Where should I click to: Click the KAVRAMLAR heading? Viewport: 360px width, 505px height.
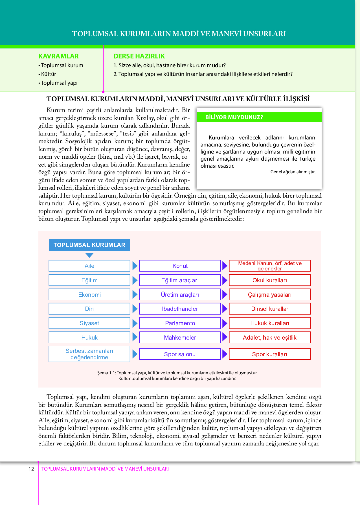[x=58, y=56]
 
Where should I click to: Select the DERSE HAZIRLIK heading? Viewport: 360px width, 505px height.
[x=139, y=56]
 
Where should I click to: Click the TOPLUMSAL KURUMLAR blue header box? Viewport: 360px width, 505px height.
[x=89, y=245]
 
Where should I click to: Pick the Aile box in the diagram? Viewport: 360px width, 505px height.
[x=89, y=266]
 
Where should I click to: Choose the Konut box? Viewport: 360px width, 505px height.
[x=180, y=266]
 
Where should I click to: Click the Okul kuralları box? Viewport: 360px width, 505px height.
[x=269, y=280]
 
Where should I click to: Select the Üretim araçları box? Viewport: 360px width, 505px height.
[x=180, y=295]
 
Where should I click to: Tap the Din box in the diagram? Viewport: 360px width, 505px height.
[x=89, y=309]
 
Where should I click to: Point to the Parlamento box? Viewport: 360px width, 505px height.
[x=180, y=323]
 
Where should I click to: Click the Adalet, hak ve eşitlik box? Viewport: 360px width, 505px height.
[x=269, y=338]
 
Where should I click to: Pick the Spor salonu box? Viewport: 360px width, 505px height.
[x=180, y=354]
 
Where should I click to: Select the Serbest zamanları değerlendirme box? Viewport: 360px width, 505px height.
[x=89, y=354]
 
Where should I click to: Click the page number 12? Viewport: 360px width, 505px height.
[x=31, y=469]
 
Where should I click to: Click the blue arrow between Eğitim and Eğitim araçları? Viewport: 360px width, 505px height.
[x=135, y=280]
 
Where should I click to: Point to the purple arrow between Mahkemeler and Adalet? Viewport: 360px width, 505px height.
[x=225, y=337]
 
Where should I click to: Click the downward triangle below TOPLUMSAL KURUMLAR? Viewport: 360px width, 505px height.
[x=89, y=255]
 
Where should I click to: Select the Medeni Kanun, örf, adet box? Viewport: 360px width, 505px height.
[x=269, y=266]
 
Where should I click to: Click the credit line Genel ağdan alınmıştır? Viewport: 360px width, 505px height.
[x=293, y=172]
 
